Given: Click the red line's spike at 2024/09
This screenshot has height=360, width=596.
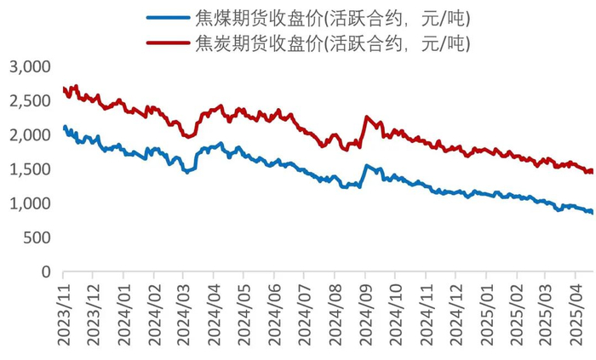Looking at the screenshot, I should pos(366,117).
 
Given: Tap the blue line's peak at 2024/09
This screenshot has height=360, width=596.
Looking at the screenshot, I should pos(366,165).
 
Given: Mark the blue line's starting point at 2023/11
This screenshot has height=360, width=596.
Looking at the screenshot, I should pos(65,127).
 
